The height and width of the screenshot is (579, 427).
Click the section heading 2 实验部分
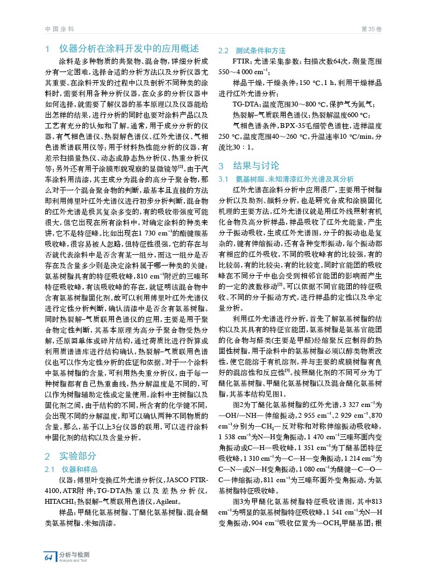[x=72, y=456]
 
